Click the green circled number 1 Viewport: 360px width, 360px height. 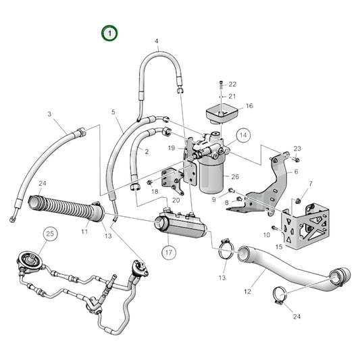point(109,32)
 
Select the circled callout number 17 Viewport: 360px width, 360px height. point(168,253)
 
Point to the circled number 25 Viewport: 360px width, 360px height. point(49,235)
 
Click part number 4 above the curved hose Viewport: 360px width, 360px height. point(157,41)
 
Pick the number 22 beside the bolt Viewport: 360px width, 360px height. point(233,84)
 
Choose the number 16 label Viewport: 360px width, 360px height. point(249,106)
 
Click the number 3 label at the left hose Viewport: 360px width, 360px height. point(49,115)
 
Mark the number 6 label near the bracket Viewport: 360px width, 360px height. point(295,172)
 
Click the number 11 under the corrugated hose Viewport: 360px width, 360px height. point(85,232)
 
